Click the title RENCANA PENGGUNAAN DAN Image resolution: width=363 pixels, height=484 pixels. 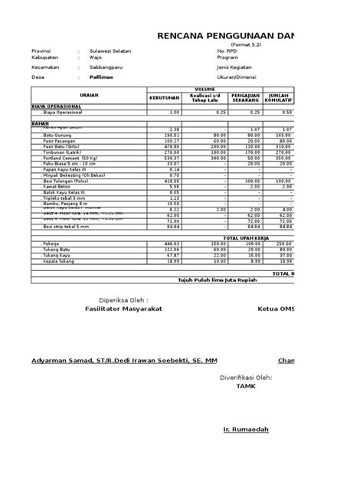(x=227, y=36)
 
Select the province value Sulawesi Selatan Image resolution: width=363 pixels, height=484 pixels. (x=110, y=51)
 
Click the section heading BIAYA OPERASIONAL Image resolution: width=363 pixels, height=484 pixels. (x=56, y=107)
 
